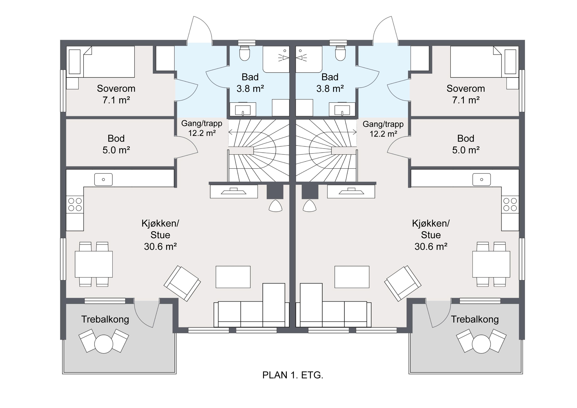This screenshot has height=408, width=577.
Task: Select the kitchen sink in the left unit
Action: point(103,179)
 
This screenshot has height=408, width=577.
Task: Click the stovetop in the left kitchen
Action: point(75,204)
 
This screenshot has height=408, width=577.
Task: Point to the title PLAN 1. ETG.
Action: point(293,375)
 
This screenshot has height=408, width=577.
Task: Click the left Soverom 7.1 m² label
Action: point(116,94)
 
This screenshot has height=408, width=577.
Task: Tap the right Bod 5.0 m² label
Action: point(466,144)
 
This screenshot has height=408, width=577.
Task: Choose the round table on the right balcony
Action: point(481,344)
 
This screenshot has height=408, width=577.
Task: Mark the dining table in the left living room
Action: point(94,264)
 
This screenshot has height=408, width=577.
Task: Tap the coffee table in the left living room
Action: point(233,277)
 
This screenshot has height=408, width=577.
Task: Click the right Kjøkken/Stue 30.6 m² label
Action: point(431,235)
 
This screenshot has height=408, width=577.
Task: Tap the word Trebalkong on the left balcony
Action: point(105,319)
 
